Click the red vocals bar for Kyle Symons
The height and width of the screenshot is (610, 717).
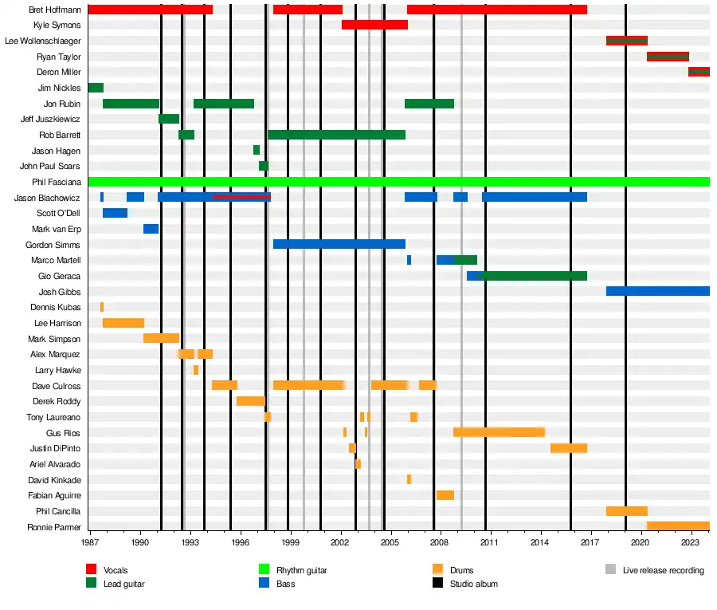374,25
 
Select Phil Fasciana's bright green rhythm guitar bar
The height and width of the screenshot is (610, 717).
398,182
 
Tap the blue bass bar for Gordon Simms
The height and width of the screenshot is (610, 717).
339,244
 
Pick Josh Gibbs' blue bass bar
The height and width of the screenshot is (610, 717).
657,291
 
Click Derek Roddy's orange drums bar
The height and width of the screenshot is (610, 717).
250,401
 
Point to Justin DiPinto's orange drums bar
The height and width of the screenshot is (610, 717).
568,448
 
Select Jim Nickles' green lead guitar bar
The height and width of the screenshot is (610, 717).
96,88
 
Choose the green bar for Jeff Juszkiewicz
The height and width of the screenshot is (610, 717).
168,119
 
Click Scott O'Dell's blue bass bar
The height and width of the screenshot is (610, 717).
115,213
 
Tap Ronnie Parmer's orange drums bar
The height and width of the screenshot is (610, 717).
678,526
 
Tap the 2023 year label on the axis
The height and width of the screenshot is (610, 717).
691,542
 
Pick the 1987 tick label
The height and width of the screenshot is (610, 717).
91,542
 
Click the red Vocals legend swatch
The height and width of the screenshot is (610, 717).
92,569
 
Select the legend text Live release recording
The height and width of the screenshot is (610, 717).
663,570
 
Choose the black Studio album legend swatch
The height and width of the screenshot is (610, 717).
437,584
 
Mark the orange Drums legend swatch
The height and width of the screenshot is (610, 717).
437,569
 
